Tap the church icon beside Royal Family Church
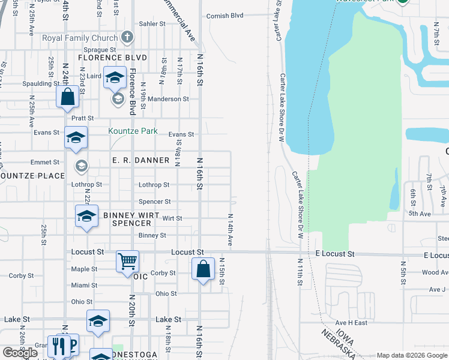coord(126,38)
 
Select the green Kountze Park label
coord(132,131)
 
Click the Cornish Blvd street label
coord(224,16)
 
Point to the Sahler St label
coord(152,24)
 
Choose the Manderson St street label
coord(169,99)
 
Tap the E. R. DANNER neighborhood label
coord(141,160)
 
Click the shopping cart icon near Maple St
coord(128,262)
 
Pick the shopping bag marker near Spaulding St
coord(68,97)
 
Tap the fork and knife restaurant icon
coord(59,347)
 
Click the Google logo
coord(20,352)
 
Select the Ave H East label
coord(351,323)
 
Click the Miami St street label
coord(84,285)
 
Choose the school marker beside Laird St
coord(114,77)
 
